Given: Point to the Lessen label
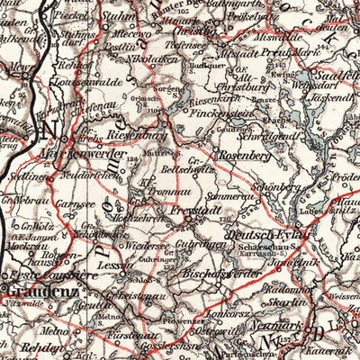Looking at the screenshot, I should click(x=113, y=266).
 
